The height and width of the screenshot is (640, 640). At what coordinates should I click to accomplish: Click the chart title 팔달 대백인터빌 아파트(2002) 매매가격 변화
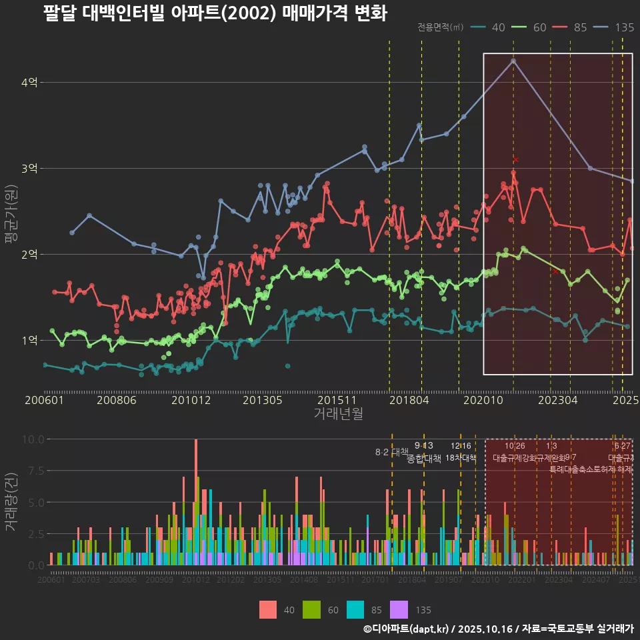click(215, 14)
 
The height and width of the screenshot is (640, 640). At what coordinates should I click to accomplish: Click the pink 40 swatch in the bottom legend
click(268, 609)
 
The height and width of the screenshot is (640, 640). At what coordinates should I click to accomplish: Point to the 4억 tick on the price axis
click(29, 83)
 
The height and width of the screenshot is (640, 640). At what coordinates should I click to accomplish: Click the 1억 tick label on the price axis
click(29, 340)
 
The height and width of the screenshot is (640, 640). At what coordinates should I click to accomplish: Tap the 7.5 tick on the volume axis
click(33, 471)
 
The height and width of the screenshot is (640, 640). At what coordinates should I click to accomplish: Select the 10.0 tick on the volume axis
click(31, 439)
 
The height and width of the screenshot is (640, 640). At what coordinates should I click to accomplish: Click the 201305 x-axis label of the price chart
click(263, 401)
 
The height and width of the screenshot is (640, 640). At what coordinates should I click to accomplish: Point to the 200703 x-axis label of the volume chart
click(85, 580)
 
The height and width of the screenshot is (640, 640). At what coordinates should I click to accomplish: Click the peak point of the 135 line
click(513, 61)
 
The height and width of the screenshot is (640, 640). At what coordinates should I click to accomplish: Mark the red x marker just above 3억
click(516, 160)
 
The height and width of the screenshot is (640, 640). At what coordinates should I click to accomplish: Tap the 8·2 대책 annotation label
click(391, 452)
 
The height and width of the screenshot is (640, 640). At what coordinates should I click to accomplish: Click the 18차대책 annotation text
click(461, 458)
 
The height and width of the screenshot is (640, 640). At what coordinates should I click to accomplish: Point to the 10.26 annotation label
click(515, 446)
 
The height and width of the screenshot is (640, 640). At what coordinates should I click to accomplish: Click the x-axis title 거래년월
click(338, 413)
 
